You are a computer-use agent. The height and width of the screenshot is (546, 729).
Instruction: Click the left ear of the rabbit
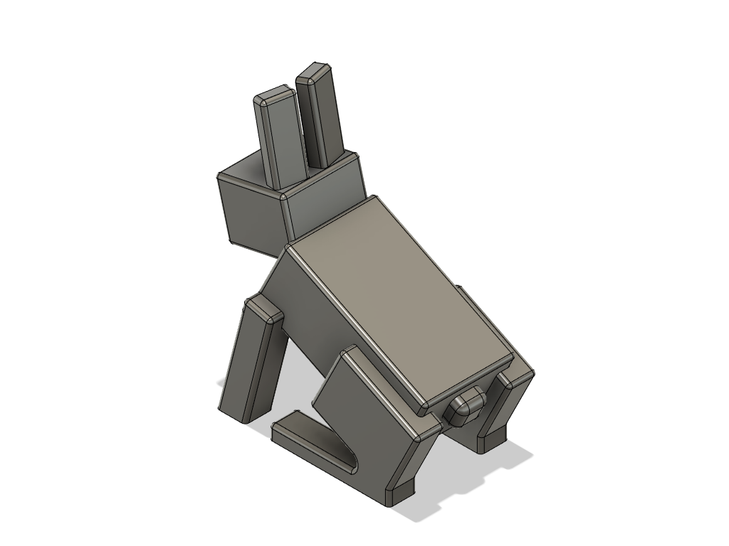279,139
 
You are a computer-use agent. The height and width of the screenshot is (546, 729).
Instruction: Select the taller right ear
322,117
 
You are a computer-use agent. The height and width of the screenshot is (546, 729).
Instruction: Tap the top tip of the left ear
274,97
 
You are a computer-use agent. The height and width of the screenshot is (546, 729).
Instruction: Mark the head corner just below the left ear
283,193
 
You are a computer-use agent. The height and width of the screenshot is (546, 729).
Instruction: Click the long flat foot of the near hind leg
313,444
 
